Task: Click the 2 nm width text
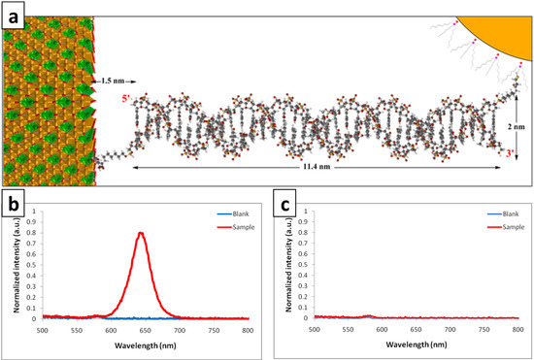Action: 514,124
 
